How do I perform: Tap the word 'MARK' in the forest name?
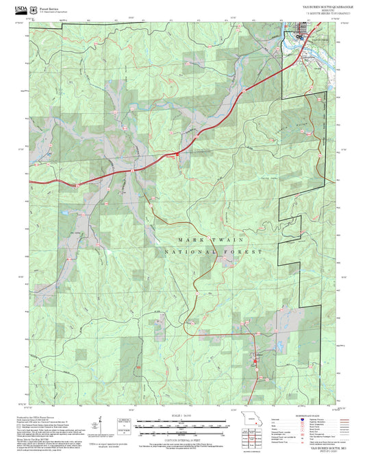point(190,239)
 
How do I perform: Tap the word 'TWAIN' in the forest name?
point(229,239)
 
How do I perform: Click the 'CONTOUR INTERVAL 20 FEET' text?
point(183,435)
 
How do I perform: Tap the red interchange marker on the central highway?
point(173,155)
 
